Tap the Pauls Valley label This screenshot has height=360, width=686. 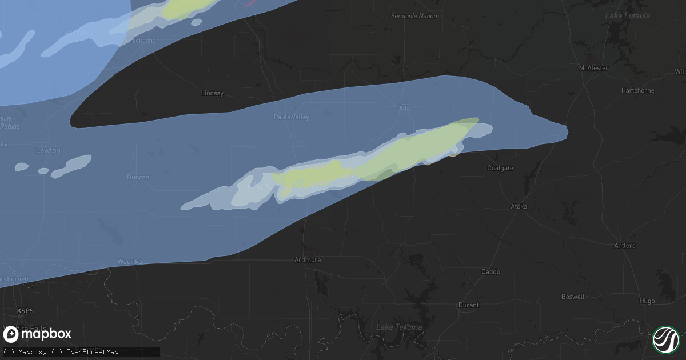point(292,117)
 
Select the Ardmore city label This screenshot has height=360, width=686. point(307,260)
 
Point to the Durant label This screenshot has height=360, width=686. point(468,305)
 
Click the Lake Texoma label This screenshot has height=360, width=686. point(399,327)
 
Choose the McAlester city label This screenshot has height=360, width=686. point(593,68)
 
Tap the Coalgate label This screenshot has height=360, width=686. point(500,168)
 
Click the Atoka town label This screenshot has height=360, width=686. point(519,206)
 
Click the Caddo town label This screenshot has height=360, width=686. point(490,272)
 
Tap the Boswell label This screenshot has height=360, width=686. point(573,297)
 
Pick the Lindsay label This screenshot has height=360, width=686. point(212,93)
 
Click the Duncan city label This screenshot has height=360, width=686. point(138,177)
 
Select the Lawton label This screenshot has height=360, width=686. point(48,150)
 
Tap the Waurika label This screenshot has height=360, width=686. point(129,262)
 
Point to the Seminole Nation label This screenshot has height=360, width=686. point(414,16)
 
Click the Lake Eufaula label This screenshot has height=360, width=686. point(627,15)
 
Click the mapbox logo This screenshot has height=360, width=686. point(38,334)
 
